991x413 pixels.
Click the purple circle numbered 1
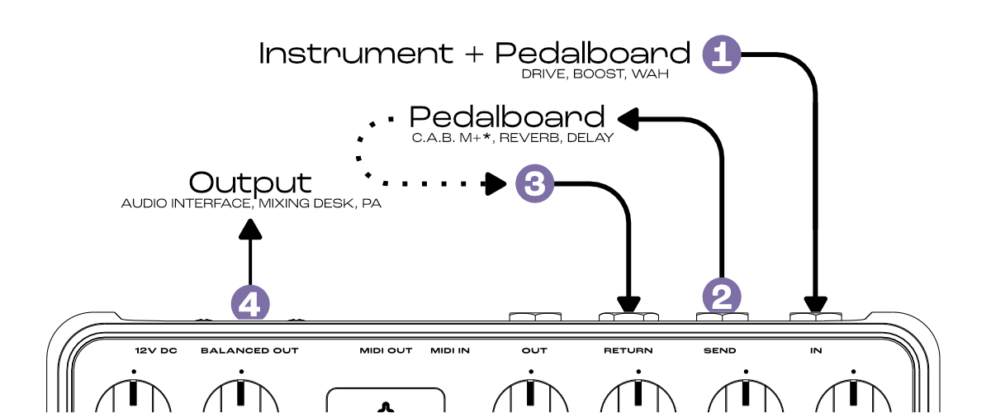[722, 55]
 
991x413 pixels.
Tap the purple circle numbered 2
[722, 296]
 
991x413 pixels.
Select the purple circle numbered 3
[535, 183]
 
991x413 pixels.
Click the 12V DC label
[156, 351]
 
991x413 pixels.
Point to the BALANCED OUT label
[249, 351]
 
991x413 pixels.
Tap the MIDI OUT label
[386, 351]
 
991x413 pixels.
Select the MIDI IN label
[450, 351]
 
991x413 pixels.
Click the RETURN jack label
[628, 351]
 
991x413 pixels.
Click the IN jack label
[816, 351]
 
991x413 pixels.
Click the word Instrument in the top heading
[355, 54]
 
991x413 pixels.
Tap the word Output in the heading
[250, 183]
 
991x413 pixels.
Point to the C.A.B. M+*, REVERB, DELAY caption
[513, 138]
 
